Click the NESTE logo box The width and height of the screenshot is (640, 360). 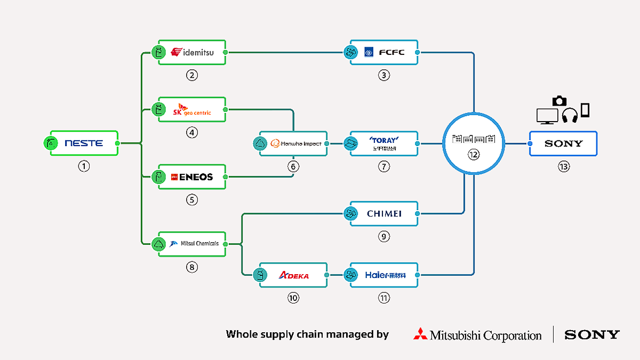84,143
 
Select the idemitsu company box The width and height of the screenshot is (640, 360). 192,52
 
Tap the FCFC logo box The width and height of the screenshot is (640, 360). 384,52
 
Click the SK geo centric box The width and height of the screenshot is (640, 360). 192,110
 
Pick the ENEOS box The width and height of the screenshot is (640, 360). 192,177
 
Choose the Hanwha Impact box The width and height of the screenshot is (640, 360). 293,143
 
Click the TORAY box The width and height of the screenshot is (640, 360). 384,143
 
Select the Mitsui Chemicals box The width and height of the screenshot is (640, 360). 192,244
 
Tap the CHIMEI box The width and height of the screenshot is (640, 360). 384,214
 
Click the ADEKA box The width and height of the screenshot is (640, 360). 293,275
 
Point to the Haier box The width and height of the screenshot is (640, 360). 384,275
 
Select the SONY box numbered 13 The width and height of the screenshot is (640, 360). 563,143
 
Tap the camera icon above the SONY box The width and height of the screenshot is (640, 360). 559,100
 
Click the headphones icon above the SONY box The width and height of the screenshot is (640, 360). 570,115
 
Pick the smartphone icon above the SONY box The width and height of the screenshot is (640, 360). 585,110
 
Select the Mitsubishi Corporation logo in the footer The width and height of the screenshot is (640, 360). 477,335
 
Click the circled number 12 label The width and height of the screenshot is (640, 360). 474,154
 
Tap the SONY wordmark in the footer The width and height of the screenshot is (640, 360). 592,335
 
